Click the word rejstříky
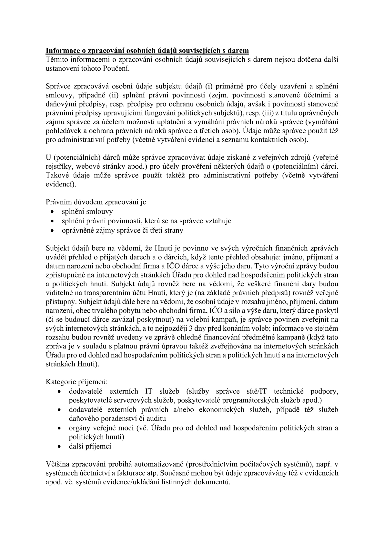(58, 167)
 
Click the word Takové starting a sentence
(56, 176)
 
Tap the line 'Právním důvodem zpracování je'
(96, 202)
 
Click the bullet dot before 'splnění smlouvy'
(52, 212)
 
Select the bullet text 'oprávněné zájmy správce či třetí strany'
(122, 230)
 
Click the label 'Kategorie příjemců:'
(77, 382)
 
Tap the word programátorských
(250, 400)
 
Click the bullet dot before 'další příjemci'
(59, 447)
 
